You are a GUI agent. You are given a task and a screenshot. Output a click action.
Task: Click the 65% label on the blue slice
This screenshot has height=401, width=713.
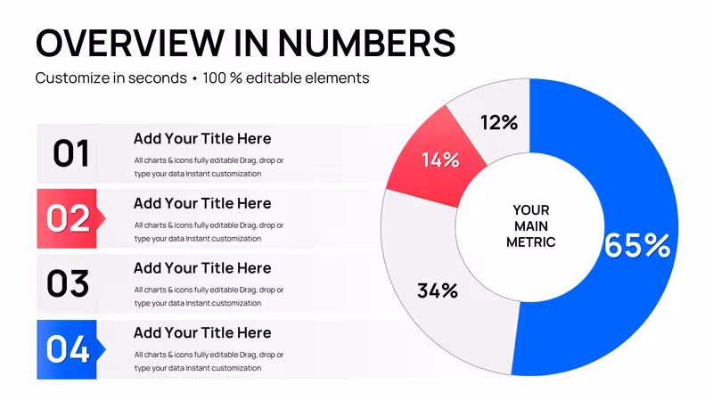[637, 246]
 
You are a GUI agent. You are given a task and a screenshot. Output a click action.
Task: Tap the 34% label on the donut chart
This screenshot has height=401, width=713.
[438, 291]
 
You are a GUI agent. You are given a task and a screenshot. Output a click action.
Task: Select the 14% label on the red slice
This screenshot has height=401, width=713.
[440, 160]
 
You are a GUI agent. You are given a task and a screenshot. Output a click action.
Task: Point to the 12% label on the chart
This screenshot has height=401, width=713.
[499, 122]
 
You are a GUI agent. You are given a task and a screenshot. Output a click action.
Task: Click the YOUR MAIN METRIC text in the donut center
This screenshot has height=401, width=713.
[530, 226]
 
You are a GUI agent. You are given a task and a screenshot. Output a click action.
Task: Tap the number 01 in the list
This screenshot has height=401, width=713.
[71, 153]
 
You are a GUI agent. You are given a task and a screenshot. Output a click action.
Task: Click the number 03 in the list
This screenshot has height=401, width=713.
[68, 283]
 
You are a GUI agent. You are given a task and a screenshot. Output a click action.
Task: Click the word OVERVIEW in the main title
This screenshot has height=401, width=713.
[130, 43]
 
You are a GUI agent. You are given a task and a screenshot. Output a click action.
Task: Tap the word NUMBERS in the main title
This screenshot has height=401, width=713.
[366, 43]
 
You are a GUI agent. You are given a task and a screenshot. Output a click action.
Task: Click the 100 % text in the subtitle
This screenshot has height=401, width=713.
[222, 78]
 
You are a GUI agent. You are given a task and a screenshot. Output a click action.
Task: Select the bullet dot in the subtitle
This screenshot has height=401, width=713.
[194, 78]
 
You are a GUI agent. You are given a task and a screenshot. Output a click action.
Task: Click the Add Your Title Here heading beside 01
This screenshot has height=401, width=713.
[202, 139]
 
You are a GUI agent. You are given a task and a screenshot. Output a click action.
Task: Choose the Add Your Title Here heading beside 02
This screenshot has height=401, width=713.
[202, 203]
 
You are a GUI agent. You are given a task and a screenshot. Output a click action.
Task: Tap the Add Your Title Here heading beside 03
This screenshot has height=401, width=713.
[202, 268]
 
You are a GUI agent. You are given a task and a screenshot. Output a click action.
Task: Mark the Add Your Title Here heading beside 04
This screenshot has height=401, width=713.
[202, 332]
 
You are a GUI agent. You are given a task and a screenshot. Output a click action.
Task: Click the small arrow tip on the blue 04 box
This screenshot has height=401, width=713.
[105, 349]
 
